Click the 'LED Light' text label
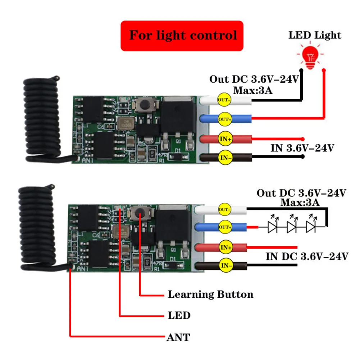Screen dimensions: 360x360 tap(315, 35)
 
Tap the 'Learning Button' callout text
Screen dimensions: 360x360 tap(210, 295)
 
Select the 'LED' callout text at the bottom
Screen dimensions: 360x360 tap(179, 316)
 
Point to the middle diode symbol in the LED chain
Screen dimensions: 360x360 tap(292, 226)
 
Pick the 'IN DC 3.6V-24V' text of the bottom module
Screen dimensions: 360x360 tap(307, 256)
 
